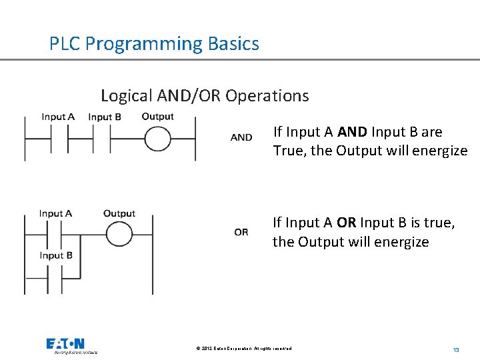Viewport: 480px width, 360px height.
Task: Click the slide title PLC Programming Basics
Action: point(154,44)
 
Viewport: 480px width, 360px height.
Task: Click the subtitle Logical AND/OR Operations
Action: point(205,95)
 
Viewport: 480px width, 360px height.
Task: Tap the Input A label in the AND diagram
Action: point(58,117)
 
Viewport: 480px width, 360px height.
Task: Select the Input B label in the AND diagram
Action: point(105,117)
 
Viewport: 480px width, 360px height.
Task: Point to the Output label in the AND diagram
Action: point(157,116)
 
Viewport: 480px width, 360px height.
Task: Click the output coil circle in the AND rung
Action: point(159,140)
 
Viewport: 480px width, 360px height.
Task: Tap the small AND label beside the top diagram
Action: point(241,137)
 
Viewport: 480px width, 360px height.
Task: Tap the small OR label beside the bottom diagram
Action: point(241,232)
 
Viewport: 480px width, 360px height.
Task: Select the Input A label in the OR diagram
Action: point(55,213)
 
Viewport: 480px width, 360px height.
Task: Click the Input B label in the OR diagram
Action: point(56,255)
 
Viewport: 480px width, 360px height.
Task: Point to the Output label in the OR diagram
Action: point(119,213)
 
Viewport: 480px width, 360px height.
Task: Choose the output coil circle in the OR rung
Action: point(119,235)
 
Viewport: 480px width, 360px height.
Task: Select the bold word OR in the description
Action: point(347,223)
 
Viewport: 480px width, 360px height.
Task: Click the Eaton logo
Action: point(65,345)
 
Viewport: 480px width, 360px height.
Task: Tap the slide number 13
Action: point(456,349)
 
